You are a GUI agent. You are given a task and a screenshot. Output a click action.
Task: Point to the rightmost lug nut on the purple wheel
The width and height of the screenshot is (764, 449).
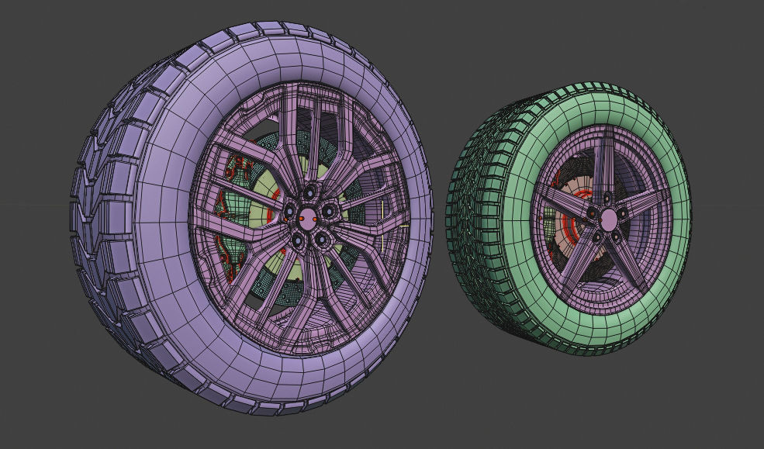330,211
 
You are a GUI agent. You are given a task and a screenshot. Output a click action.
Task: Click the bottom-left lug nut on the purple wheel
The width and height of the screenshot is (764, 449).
298,240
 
